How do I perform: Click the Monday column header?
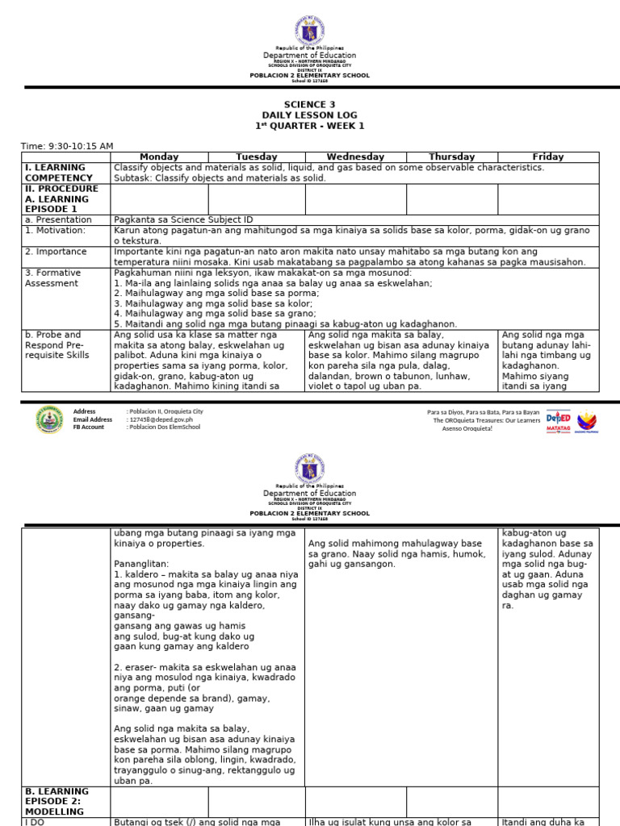159,156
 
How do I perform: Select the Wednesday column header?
355,156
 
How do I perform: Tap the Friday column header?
548,156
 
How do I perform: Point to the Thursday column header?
451,156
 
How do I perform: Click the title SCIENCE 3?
310,105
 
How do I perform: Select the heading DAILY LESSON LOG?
310,115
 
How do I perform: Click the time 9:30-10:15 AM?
67,146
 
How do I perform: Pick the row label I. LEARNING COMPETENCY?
57,173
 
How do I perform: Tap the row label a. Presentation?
57,219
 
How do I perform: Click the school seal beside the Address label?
48,419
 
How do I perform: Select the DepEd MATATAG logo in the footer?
558,420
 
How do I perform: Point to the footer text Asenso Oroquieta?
467,428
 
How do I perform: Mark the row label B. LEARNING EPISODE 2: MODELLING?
57,802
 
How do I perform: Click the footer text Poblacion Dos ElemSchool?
165,428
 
